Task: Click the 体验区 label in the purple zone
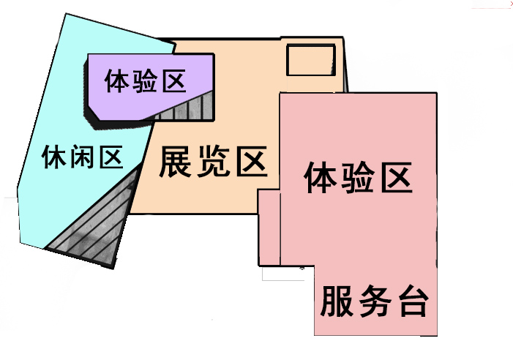coord(145,81)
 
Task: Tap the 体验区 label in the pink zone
coord(357,178)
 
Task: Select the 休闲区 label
coord(82,157)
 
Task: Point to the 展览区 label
coord(212,162)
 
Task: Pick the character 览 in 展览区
coord(212,162)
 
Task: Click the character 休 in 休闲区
coord(55,157)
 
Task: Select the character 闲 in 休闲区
coord(82,157)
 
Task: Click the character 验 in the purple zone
coord(145,81)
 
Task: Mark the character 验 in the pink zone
coord(357,178)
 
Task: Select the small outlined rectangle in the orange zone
coord(311,59)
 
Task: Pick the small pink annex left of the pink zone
coord(269,227)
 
